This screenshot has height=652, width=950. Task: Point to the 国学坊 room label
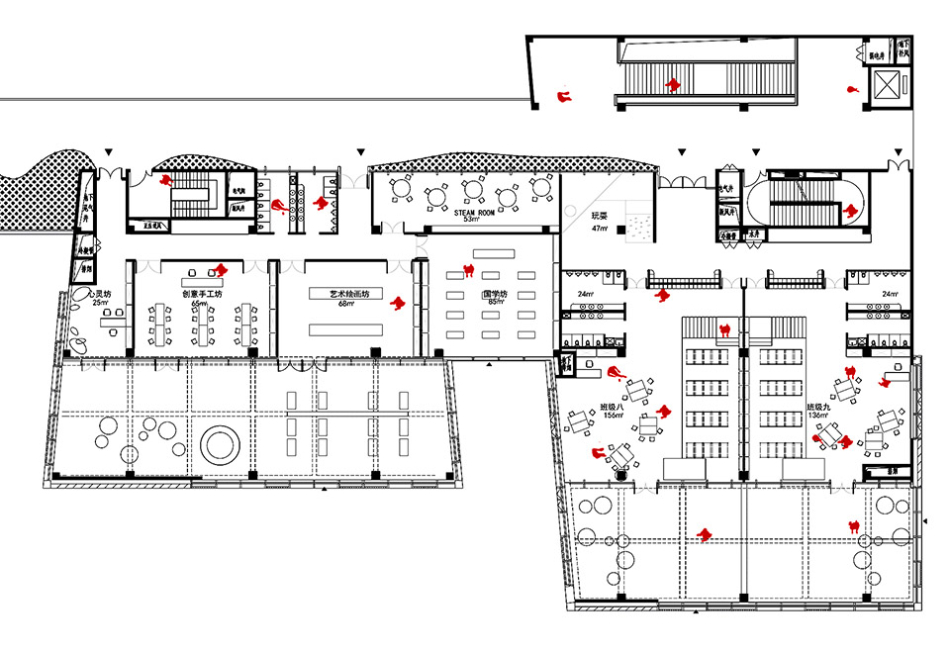494,294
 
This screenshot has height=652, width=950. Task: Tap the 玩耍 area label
599,216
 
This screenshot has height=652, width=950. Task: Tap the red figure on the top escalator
674,86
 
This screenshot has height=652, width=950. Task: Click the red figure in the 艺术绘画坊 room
398,303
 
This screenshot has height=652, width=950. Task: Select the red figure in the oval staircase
849,209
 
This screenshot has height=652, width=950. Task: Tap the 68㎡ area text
343,304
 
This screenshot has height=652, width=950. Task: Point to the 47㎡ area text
599,229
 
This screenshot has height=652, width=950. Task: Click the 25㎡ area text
100,302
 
